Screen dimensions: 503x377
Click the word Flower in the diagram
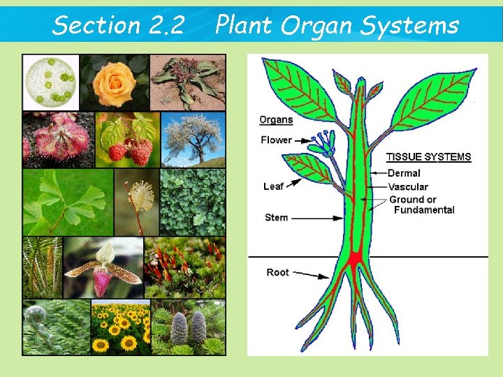(x=276, y=140)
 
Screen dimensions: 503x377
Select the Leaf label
(x=273, y=186)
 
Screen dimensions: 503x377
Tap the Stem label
(x=277, y=218)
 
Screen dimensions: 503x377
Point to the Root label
(x=277, y=272)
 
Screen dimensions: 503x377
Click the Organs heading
(x=276, y=120)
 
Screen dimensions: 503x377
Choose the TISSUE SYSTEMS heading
(x=428, y=157)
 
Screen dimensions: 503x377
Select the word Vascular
(x=408, y=187)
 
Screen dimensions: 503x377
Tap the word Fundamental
(x=424, y=209)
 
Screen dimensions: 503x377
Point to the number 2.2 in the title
(x=166, y=26)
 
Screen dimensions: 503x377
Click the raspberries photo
(x=127, y=140)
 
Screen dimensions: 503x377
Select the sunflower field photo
(x=121, y=327)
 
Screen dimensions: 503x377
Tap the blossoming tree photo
(x=194, y=140)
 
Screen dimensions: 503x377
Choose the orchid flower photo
(x=103, y=267)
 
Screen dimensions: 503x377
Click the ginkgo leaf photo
(x=67, y=202)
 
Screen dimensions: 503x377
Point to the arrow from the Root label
(x=311, y=275)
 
